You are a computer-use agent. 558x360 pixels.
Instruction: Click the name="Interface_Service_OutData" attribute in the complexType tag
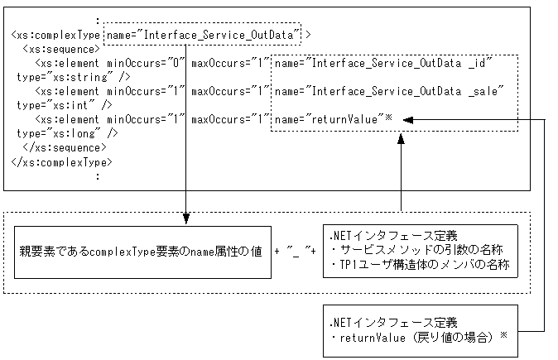pos(202,34)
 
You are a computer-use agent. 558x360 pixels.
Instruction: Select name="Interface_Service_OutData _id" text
pos(383,63)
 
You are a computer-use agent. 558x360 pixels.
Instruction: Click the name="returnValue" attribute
pos(329,119)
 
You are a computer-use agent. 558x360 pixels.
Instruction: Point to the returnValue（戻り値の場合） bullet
pos(418,338)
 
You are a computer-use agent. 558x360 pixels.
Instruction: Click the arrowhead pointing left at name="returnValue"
pos(409,120)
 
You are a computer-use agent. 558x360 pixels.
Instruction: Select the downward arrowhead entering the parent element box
pos(185,220)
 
